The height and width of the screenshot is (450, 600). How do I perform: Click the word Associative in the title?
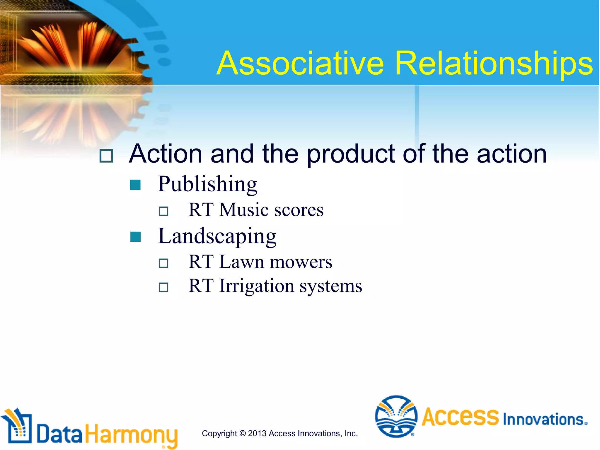[x=300, y=64]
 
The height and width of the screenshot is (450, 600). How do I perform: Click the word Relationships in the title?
[x=494, y=64]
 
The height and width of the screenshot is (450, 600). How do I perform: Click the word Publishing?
[x=207, y=184]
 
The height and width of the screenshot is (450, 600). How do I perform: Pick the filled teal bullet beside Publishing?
[x=135, y=185]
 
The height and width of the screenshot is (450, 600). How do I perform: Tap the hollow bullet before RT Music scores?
[x=163, y=211]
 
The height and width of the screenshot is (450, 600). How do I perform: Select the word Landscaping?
[x=217, y=236]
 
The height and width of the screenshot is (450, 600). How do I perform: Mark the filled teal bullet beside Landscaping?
[x=135, y=237]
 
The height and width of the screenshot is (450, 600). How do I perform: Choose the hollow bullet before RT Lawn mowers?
[x=163, y=263]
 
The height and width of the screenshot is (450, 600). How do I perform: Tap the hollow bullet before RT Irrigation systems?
[x=163, y=287]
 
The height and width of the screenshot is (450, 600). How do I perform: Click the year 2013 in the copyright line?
[x=257, y=433]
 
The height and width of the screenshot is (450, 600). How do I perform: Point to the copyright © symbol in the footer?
[x=242, y=433]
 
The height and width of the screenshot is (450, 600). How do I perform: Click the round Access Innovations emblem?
[x=396, y=416]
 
